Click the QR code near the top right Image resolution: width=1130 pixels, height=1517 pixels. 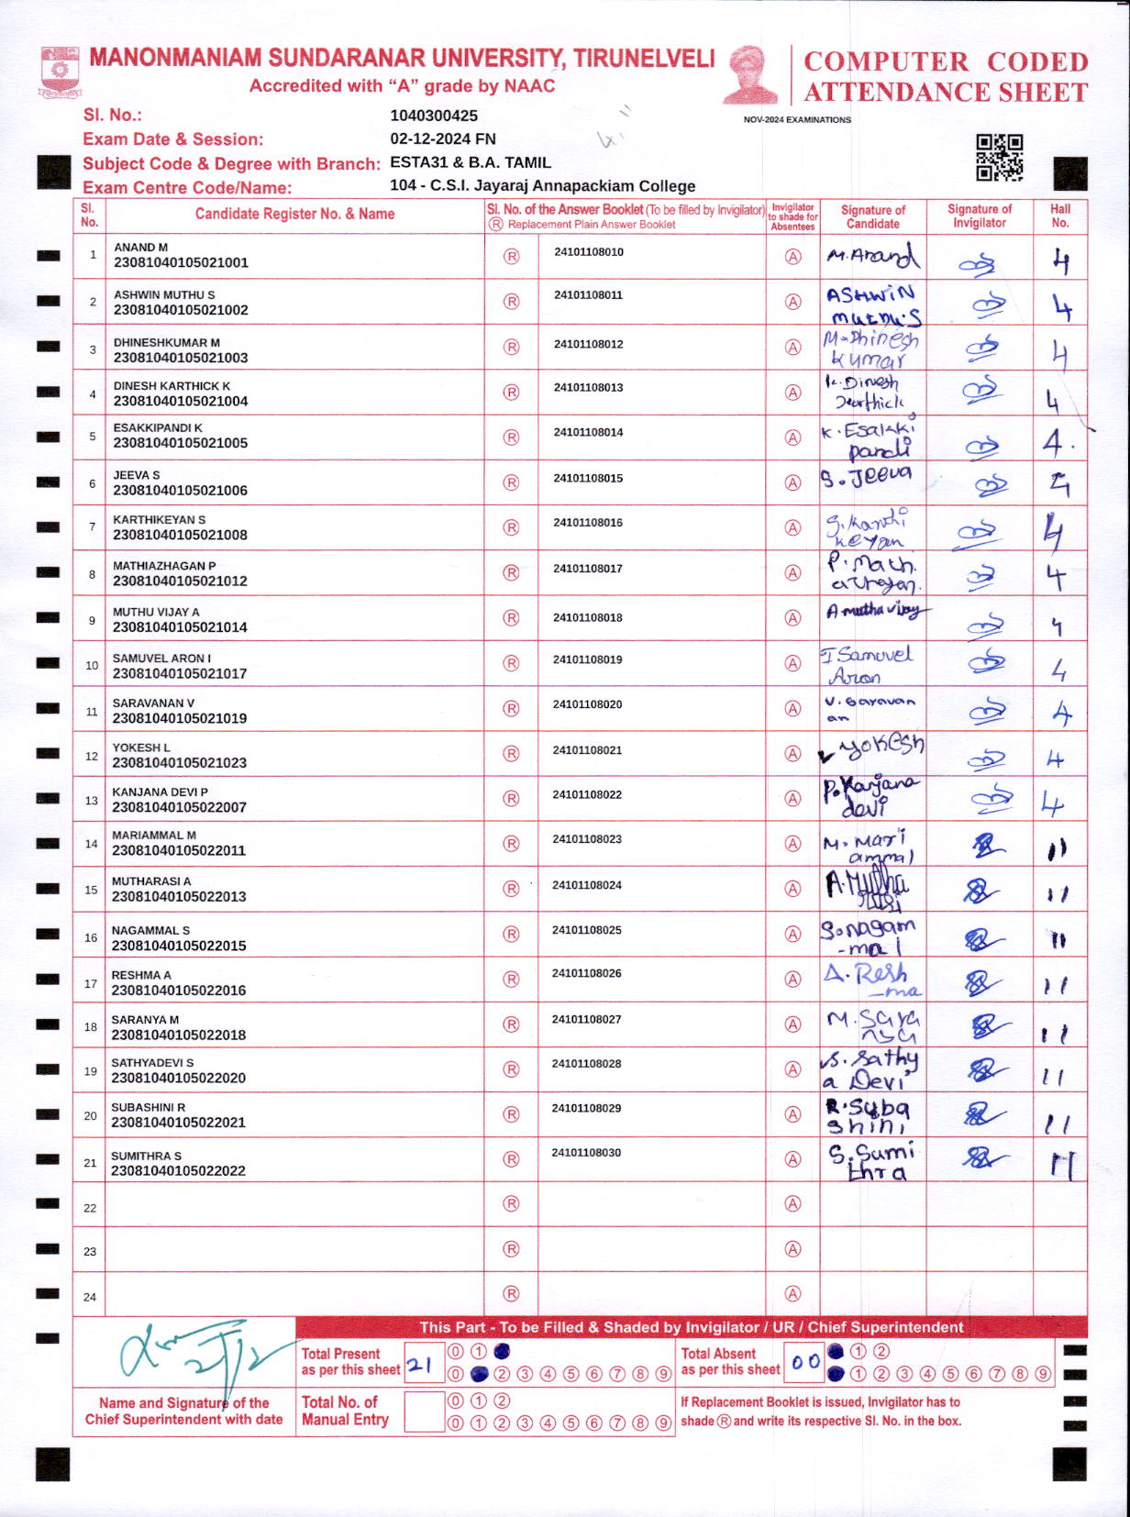point(999,158)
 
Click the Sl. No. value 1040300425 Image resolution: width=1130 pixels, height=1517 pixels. point(434,116)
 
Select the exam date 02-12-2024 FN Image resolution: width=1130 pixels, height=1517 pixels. point(443,138)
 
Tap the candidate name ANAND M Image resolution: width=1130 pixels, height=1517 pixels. point(140,248)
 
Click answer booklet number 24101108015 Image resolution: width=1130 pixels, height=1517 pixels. point(588,478)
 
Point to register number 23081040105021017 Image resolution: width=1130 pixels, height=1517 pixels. point(180,673)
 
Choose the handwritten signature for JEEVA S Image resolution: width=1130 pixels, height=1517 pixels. point(867,477)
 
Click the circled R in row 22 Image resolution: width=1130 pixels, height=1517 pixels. point(512,1203)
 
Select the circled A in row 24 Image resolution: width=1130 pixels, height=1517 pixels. point(792,1294)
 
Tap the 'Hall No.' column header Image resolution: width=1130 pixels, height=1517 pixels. point(1060,216)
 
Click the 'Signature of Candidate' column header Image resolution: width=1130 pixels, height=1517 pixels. point(872,216)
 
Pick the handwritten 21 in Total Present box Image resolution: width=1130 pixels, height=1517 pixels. point(420,1365)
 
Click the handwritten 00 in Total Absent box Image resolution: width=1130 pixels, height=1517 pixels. point(805,1362)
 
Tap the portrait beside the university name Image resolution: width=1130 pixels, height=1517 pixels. point(750,74)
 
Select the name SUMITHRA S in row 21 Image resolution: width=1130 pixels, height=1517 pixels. point(147,1156)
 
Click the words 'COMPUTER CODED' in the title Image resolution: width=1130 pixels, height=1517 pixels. point(946,61)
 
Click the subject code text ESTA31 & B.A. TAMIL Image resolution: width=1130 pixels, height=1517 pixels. point(471,162)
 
